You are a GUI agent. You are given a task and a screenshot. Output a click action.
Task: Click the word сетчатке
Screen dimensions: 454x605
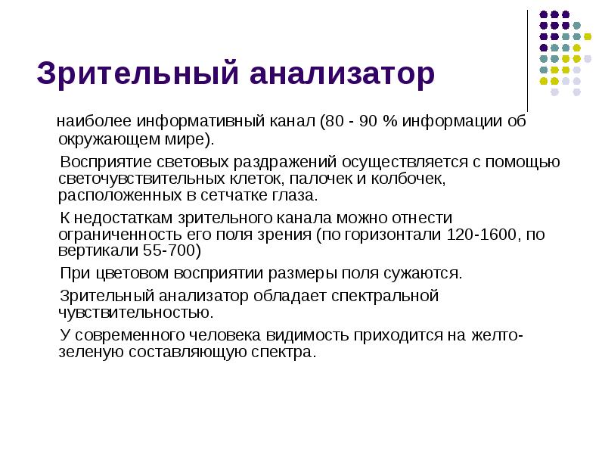point(232,196)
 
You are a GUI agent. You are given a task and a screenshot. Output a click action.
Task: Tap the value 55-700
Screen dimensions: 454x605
point(174,251)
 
